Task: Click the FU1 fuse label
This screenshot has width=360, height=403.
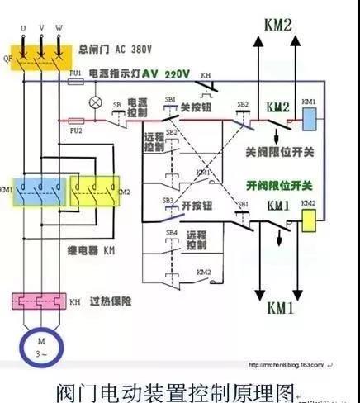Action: click(x=75, y=73)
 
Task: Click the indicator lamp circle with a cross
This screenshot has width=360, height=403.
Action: click(x=95, y=103)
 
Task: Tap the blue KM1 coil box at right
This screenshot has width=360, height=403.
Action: click(x=310, y=118)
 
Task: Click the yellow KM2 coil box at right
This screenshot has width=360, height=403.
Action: click(x=310, y=219)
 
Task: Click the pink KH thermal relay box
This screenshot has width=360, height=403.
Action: click(x=36, y=301)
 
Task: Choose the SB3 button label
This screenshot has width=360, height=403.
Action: click(x=168, y=201)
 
